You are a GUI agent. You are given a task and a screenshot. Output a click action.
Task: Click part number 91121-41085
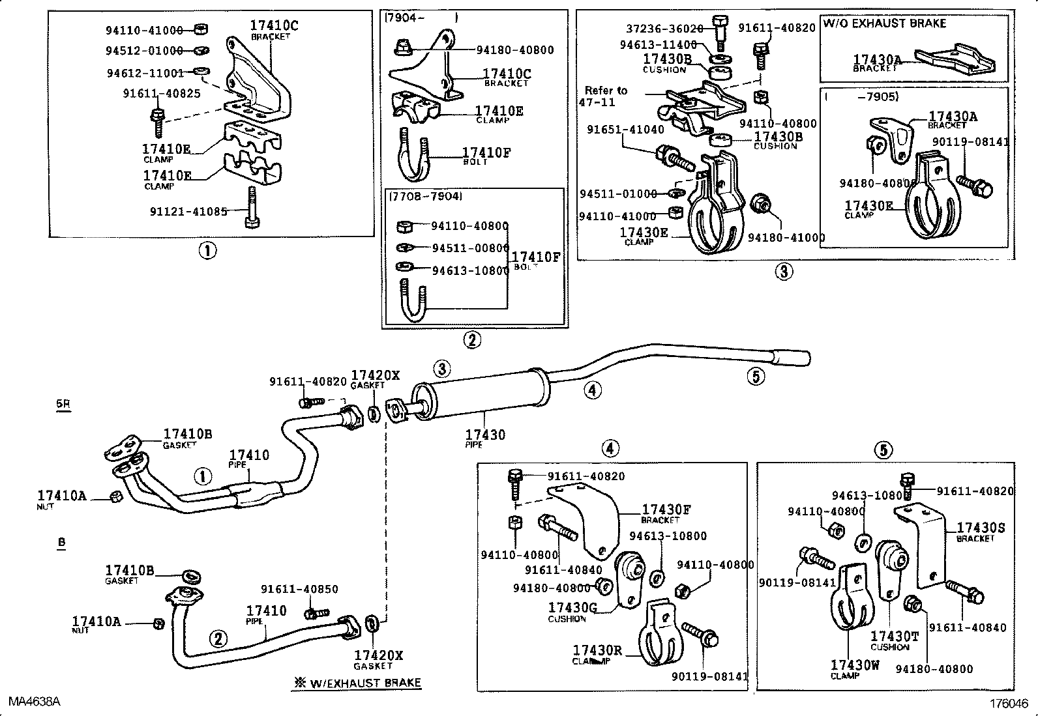188,211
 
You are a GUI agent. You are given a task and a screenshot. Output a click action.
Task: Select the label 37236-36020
664,29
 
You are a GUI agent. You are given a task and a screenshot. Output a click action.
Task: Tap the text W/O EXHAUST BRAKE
884,23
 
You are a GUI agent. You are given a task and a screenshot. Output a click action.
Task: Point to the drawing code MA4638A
35,701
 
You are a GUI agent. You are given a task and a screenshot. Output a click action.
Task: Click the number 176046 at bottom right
1008,704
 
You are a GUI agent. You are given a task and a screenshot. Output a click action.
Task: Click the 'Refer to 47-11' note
605,96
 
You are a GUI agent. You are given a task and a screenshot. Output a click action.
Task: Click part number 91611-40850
299,589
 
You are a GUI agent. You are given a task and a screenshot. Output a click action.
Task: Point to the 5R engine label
63,404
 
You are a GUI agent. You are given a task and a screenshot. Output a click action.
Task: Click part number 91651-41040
625,130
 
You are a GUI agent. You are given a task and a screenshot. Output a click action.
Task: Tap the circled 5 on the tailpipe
756,376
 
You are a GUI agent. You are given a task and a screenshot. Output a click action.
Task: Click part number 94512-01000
144,51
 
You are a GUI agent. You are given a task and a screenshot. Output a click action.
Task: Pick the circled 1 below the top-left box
207,250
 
